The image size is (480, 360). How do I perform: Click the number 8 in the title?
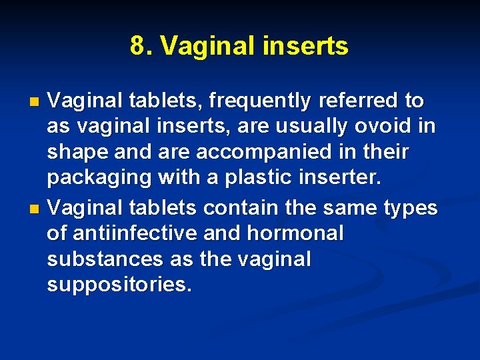click(137, 47)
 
